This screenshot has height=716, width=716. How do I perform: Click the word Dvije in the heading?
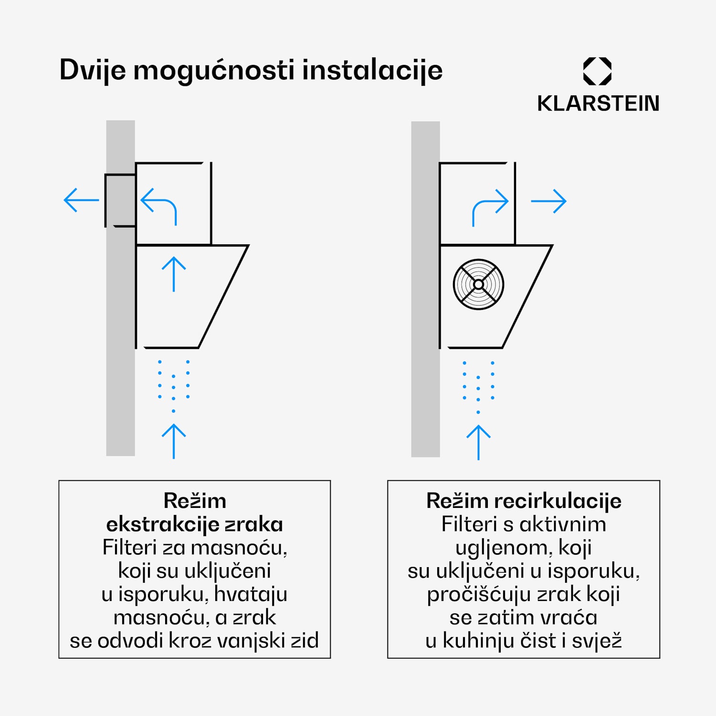click(x=93, y=71)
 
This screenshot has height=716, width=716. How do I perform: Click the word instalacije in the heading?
click(x=372, y=71)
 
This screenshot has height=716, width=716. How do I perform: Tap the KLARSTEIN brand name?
click(x=598, y=104)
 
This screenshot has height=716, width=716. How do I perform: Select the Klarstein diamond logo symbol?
click(x=597, y=72)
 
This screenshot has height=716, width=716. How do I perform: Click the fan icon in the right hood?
click(x=478, y=284)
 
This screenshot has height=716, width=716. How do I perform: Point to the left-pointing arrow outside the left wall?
click(x=81, y=200)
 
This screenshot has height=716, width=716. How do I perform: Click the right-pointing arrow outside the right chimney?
click(x=548, y=201)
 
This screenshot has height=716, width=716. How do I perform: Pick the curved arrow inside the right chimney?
click(x=489, y=207)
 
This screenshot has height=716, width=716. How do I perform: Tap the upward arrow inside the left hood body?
click(x=174, y=274)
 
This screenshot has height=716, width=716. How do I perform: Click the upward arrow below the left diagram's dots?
click(x=174, y=441)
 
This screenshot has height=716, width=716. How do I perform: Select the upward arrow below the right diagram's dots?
click(x=478, y=442)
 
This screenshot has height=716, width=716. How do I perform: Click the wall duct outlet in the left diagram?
click(x=120, y=200)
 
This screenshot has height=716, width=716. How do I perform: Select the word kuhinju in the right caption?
click(x=474, y=641)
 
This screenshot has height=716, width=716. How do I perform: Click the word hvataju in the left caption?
click(x=251, y=594)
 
